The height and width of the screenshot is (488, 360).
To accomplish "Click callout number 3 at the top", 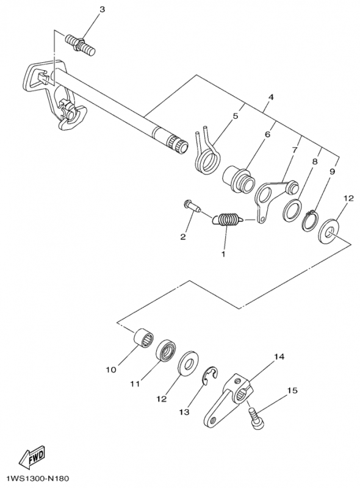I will pos(102,10).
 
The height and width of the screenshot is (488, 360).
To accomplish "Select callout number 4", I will pos(270,97).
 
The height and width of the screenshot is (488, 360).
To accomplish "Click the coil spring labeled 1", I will pos(228,220).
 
